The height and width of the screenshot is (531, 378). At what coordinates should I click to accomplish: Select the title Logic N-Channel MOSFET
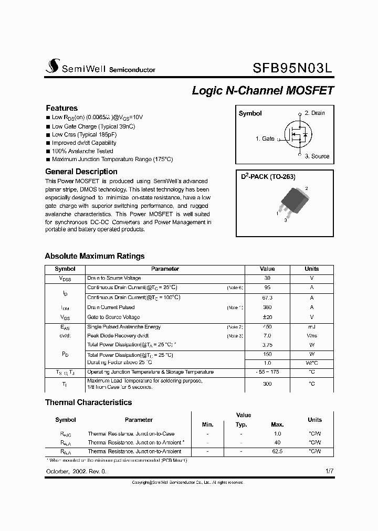[262, 90]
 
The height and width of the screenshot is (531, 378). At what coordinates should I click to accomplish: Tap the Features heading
[61, 108]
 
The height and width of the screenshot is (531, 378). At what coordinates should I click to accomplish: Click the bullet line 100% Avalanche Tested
[82, 151]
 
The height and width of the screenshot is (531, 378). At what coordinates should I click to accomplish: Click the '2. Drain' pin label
[314, 113]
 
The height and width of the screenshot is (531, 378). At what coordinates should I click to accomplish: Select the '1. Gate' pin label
[265, 139]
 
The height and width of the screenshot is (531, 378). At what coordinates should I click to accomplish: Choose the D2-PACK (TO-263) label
[268, 177]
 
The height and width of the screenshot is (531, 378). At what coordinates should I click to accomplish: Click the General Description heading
[81, 172]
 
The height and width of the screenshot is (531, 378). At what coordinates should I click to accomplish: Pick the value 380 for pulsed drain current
[267, 307]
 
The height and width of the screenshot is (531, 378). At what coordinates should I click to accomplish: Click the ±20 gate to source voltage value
[267, 317]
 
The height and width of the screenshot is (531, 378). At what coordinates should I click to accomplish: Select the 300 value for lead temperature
[267, 384]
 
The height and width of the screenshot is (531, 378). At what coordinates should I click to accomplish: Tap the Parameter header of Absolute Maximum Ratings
[165, 269]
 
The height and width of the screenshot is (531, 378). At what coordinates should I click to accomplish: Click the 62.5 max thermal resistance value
[277, 451]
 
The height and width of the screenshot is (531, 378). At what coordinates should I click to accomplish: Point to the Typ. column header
[241, 424]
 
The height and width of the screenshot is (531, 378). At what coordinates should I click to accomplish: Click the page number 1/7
[329, 471]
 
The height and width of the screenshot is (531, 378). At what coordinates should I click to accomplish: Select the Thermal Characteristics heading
[88, 402]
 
